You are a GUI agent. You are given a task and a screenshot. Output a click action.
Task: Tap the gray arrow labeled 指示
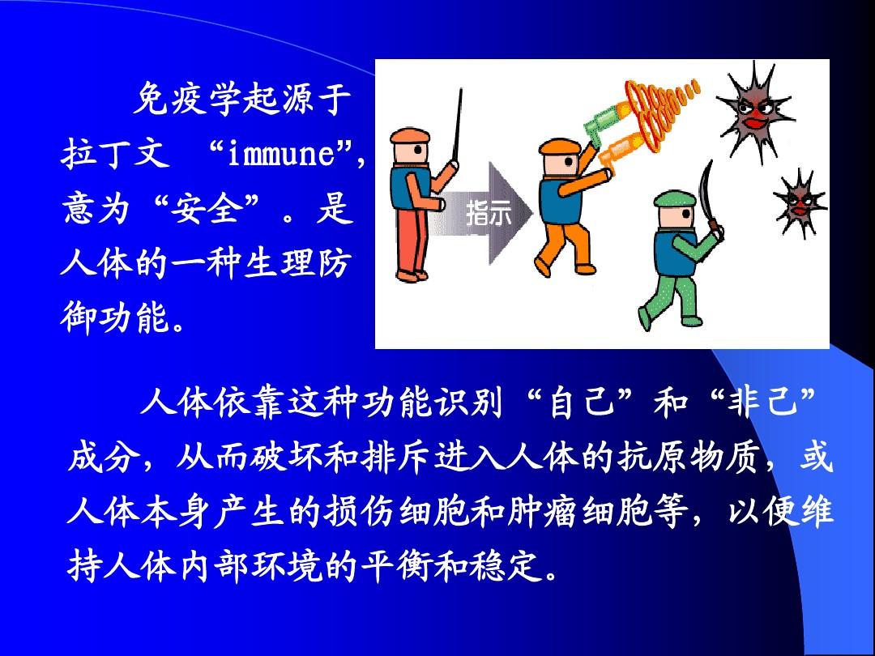pos(485,212)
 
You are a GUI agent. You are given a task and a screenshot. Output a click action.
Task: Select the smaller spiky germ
pos(798,202)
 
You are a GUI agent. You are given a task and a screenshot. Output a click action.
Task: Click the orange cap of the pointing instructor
pos(410,135)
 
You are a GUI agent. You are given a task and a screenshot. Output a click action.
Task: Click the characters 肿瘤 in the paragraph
pos(540,511)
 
